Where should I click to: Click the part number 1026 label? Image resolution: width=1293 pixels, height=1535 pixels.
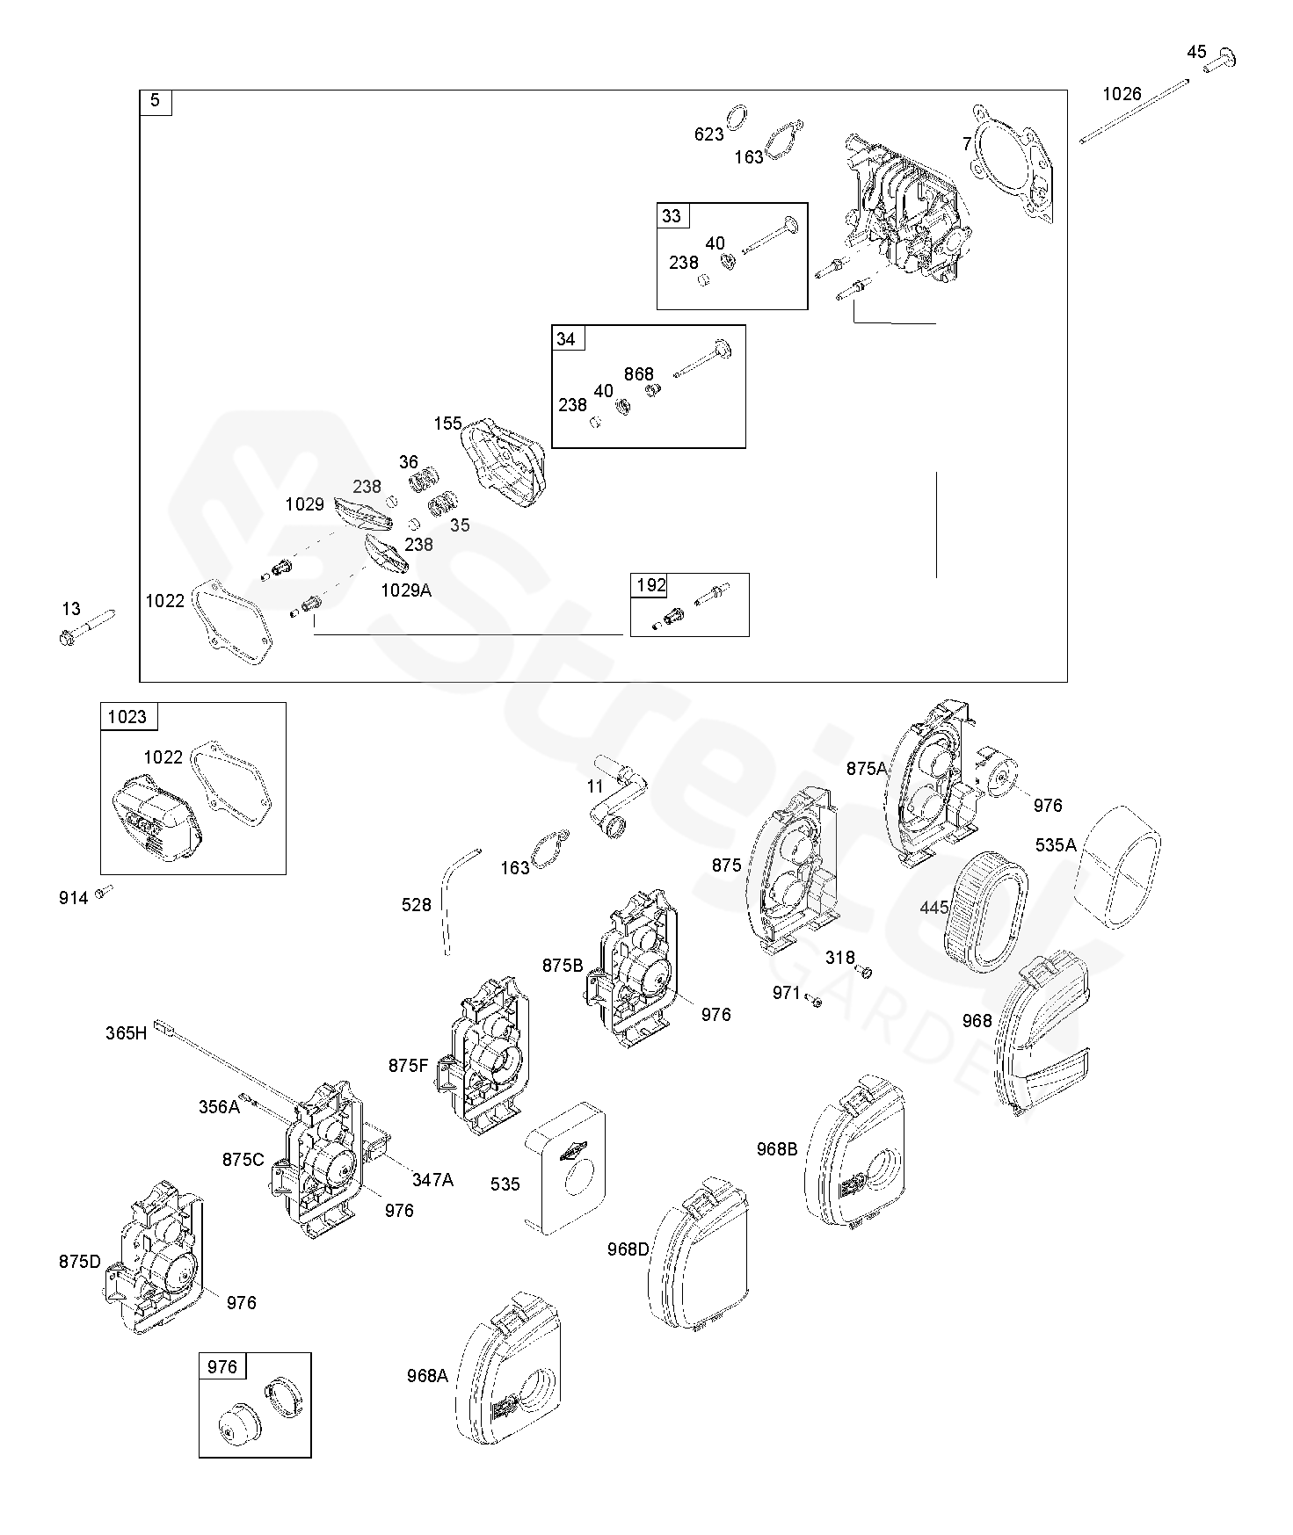[x=1122, y=94]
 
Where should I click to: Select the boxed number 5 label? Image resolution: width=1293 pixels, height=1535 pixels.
[x=156, y=101]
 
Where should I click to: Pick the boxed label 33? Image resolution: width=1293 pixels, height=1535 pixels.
[x=672, y=216]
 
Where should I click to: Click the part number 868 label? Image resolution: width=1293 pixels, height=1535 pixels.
[x=638, y=374]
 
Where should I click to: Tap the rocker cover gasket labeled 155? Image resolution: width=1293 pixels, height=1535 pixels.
[x=505, y=465]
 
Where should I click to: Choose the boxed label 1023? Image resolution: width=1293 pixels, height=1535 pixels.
[x=127, y=717]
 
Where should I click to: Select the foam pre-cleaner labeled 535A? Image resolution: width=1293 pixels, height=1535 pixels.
[x=1119, y=865]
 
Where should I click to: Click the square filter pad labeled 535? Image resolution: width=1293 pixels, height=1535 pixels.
[x=565, y=1167]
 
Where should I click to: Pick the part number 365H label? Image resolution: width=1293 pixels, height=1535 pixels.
[x=127, y=1033]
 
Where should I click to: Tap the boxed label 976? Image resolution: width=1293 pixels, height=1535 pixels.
[x=222, y=1367]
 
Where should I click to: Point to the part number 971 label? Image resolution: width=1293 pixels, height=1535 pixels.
[x=786, y=993]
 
